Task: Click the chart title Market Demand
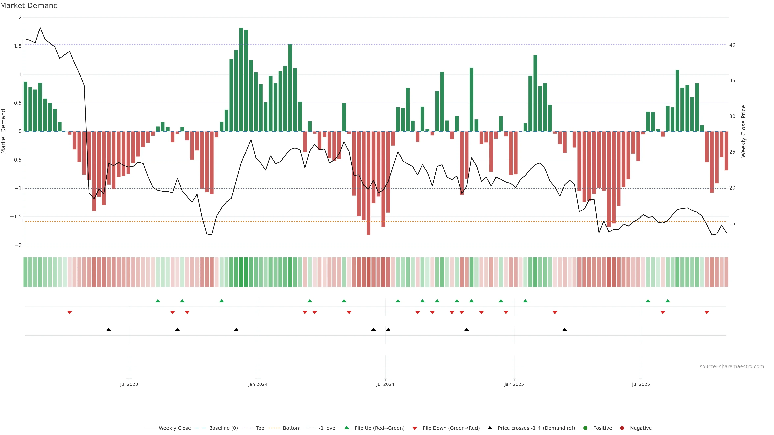point(29,6)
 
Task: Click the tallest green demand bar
point(241,79)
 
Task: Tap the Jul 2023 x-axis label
point(129,384)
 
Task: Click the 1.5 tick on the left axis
point(18,46)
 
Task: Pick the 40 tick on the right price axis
point(732,45)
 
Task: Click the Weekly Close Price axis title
point(743,131)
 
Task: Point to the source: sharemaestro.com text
point(732,367)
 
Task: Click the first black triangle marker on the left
point(109,330)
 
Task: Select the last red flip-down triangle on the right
point(707,313)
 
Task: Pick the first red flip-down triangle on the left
point(69,313)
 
